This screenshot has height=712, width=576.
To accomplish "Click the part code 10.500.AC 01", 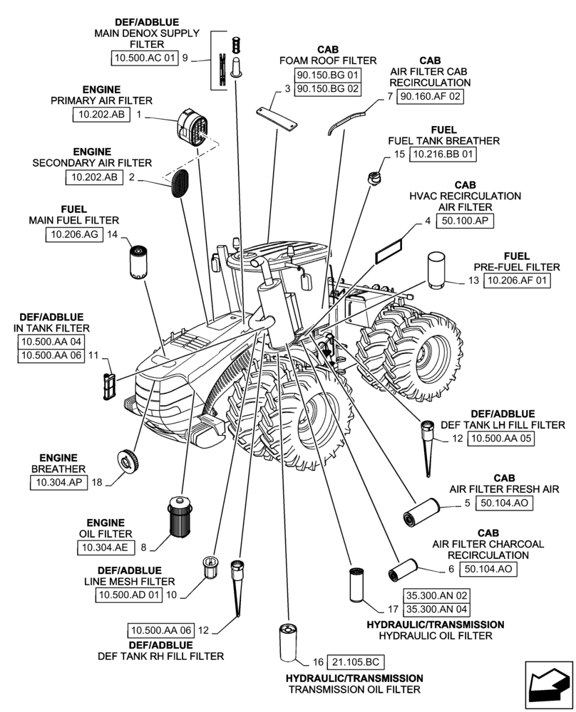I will click(143, 58).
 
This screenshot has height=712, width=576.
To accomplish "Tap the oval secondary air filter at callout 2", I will click(178, 183).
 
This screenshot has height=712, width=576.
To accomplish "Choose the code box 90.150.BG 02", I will click(328, 89).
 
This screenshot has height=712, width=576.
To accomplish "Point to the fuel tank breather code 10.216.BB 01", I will click(443, 154).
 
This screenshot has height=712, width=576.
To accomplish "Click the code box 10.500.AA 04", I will click(51, 342).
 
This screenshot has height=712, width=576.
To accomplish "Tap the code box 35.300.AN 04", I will click(436, 609).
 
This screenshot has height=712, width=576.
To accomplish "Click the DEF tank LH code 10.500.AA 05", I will click(500, 439).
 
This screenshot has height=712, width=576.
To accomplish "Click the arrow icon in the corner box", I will click(547, 685).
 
